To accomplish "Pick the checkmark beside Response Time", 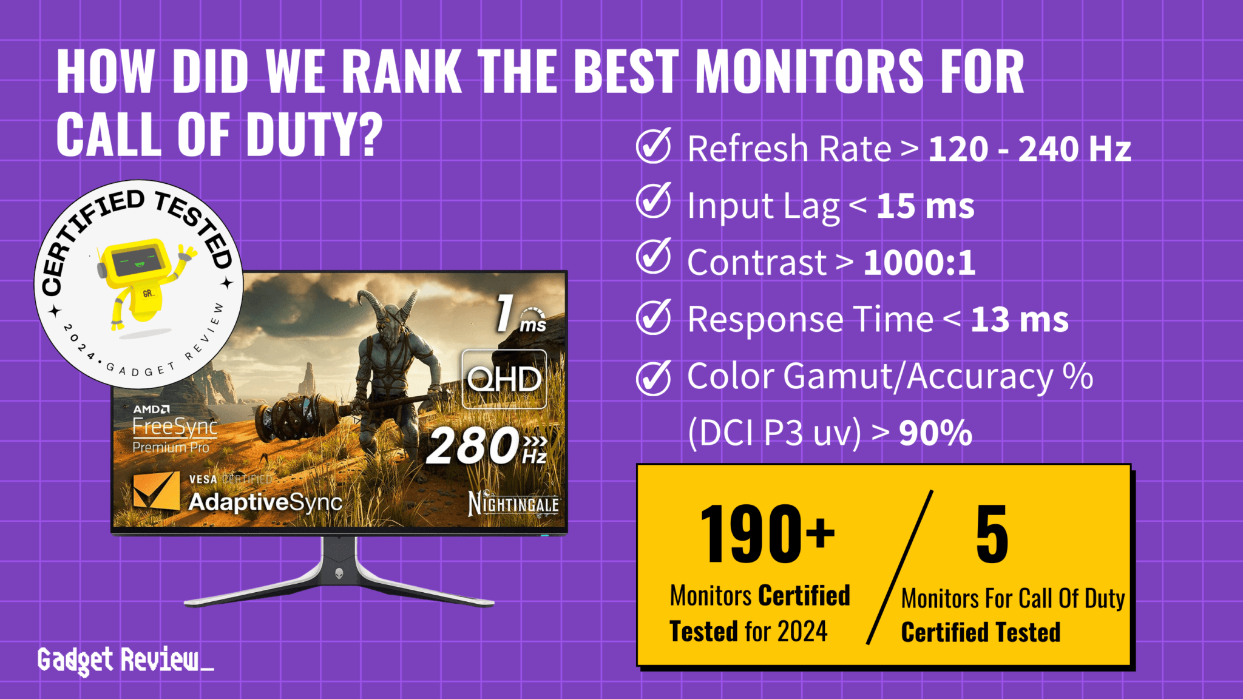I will point(653,317).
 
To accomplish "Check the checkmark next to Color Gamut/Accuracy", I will point(653,377).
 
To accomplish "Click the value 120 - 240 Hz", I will point(1029,149).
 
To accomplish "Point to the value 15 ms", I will point(925,206).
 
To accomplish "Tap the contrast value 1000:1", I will point(919,263).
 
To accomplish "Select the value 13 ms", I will point(1019,320).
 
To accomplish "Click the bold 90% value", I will point(935,433).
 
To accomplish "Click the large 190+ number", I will point(767,534).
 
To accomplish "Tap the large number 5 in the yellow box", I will point(992,534).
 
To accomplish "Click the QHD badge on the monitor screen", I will point(504,379).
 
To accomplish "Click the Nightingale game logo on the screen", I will point(513,504).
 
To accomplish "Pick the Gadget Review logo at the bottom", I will point(124,660).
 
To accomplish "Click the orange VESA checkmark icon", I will point(156,491).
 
